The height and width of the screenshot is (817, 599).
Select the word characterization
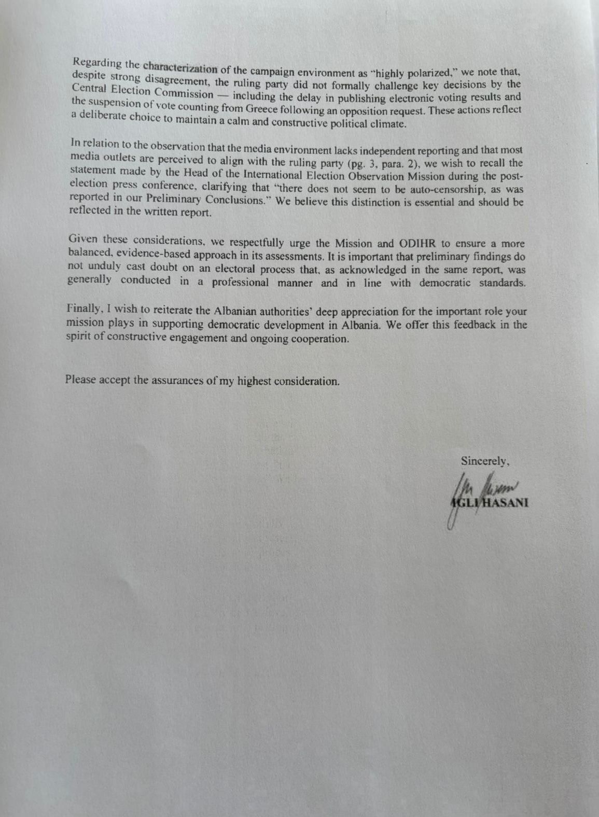click(x=180, y=67)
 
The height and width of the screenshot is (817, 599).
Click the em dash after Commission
click(x=223, y=94)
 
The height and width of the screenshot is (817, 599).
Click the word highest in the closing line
click(x=254, y=381)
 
